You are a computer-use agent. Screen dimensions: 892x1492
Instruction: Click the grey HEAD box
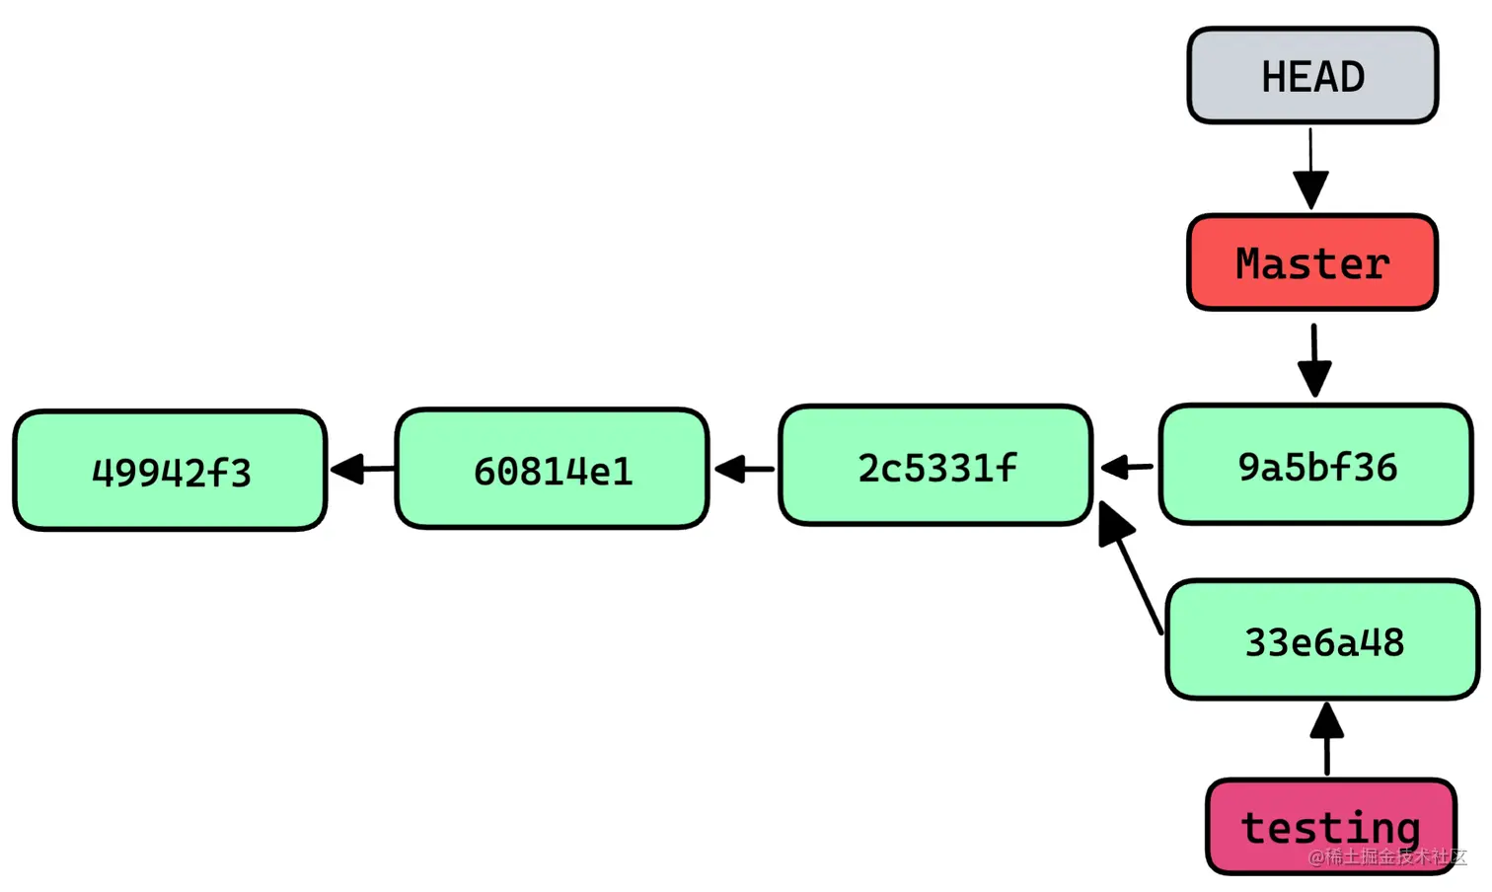(x=1312, y=76)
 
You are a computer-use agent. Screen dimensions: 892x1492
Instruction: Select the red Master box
(x=1312, y=262)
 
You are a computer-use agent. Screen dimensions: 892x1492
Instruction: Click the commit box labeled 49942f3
(x=170, y=471)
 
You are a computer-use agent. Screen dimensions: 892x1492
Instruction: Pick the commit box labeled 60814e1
(x=552, y=469)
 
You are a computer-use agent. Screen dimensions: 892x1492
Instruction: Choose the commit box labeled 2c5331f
(x=934, y=465)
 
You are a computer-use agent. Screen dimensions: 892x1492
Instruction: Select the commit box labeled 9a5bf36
(x=1315, y=464)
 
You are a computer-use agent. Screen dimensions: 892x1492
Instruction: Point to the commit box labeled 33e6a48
(x=1322, y=640)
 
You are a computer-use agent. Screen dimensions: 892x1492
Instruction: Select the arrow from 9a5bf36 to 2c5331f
(x=1126, y=467)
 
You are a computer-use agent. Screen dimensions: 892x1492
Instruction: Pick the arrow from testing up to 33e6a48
(x=1326, y=738)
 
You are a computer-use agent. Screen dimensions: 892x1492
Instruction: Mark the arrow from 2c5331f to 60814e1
(x=743, y=469)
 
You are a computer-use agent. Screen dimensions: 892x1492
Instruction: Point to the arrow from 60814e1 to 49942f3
(x=360, y=469)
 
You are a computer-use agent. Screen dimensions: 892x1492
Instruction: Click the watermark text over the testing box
(x=1386, y=856)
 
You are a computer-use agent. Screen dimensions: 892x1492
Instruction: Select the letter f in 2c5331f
(x=1007, y=466)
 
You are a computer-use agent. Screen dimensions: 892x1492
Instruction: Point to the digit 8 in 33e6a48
(x=1393, y=642)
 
